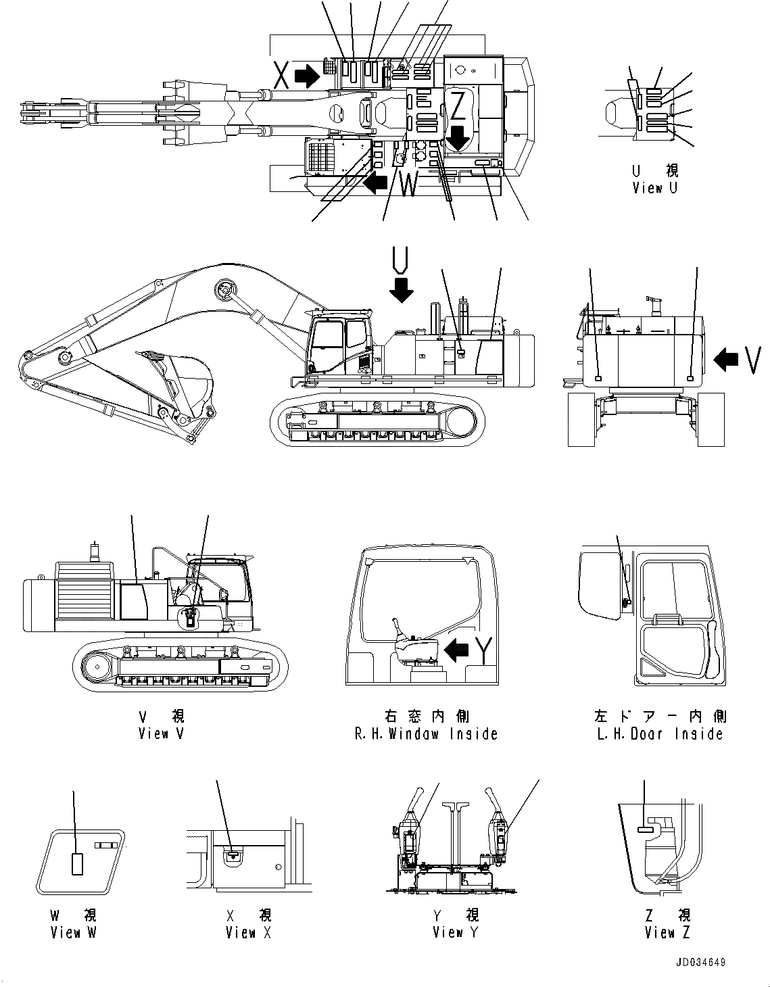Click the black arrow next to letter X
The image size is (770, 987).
tap(308, 76)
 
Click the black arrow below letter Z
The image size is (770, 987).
tap(458, 138)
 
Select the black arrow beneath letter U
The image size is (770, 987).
tap(402, 290)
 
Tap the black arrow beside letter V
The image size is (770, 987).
tap(727, 360)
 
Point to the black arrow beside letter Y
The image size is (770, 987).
tap(458, 650)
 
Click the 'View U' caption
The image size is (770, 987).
tap(654, 189)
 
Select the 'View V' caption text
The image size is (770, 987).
tap(161, 733)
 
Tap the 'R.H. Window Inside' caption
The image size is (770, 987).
tap(426, 733)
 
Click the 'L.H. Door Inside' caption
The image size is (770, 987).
tap(660, 733)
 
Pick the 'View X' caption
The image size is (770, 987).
tap(241, 932)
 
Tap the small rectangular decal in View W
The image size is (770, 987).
tap(78, 863)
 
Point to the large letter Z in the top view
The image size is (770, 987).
tap(458, 105)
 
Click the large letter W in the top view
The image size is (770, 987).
tap(408, 185)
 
